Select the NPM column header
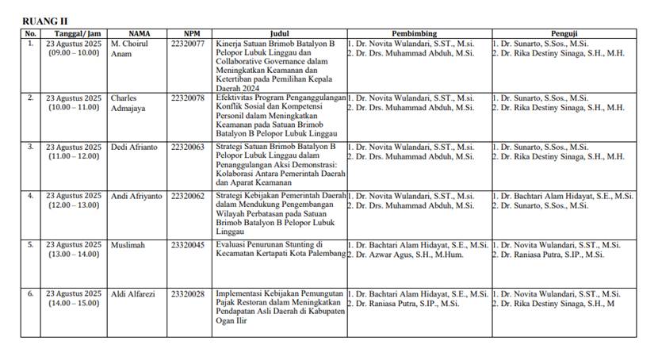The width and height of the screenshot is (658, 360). pos(191,33)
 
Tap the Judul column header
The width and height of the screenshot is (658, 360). pos(279,33)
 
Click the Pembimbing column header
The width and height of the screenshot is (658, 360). pos(418,33)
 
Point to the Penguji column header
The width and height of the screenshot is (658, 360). pos(563,33)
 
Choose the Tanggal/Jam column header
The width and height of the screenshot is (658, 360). pos(73,33)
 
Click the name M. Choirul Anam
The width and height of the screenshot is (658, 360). pos(128,48)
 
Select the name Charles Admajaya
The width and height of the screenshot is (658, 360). pos(131,102)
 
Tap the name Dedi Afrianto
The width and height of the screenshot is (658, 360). pos(135,147)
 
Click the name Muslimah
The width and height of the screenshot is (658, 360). pos(129,244)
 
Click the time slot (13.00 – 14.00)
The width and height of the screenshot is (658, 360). pos(74,254)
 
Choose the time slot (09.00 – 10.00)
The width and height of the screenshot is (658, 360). pos(74,52)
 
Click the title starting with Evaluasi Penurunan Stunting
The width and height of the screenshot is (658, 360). pos(281,249)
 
